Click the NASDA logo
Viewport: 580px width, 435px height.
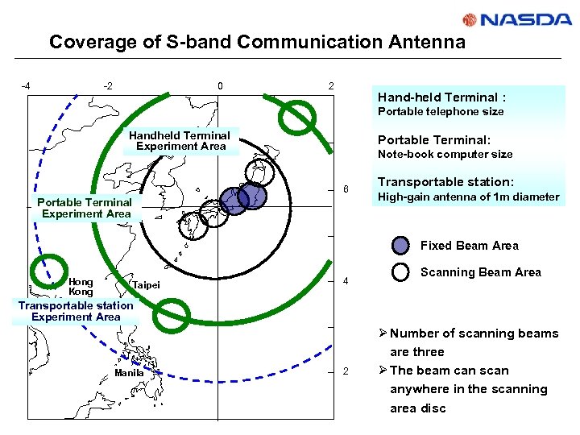(x=517, y=20)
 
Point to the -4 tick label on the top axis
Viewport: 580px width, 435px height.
(x=26, y=86)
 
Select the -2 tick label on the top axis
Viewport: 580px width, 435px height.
(x=108, y=86)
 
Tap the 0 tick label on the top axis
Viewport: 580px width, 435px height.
(x=220, y=86)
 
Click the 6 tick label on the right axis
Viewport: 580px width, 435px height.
(x=346, y=190)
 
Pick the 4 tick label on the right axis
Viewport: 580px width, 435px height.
(x=346, y=282)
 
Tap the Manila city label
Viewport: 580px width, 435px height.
(x=129, y=373)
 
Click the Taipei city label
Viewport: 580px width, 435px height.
(x=146, y=285)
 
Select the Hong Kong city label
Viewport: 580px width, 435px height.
(x=81, y=287)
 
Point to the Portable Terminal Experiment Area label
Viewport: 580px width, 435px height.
(x=86, y=208)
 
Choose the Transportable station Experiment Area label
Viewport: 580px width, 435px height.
(x=76, y=311)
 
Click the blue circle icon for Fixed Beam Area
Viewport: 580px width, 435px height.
(x=400, y=246)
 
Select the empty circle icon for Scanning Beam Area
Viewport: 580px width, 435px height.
(x=400, y=272)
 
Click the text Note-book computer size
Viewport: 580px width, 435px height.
(x=445, y=154)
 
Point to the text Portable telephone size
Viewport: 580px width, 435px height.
(x=441, y=111)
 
